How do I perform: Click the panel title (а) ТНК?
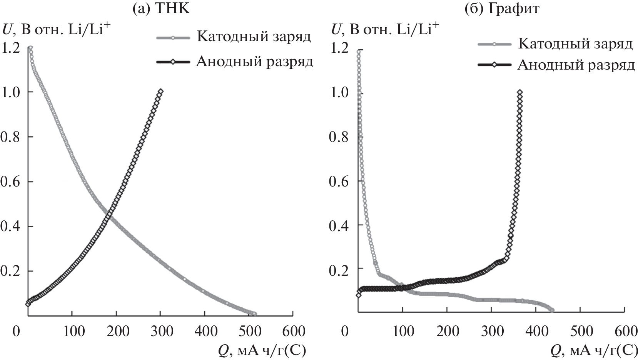point(161,8)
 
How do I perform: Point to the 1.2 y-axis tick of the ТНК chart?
point(10,47)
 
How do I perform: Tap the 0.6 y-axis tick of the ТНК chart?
point(10,182)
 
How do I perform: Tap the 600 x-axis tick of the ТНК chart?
point(293,331)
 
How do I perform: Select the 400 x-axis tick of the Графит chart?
point(536,331)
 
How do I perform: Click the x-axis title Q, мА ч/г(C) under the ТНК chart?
point(262,350)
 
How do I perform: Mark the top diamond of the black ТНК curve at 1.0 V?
point(160,92)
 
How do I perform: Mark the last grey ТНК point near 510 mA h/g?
point(254,314)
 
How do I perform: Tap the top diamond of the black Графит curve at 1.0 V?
point(520,92)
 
